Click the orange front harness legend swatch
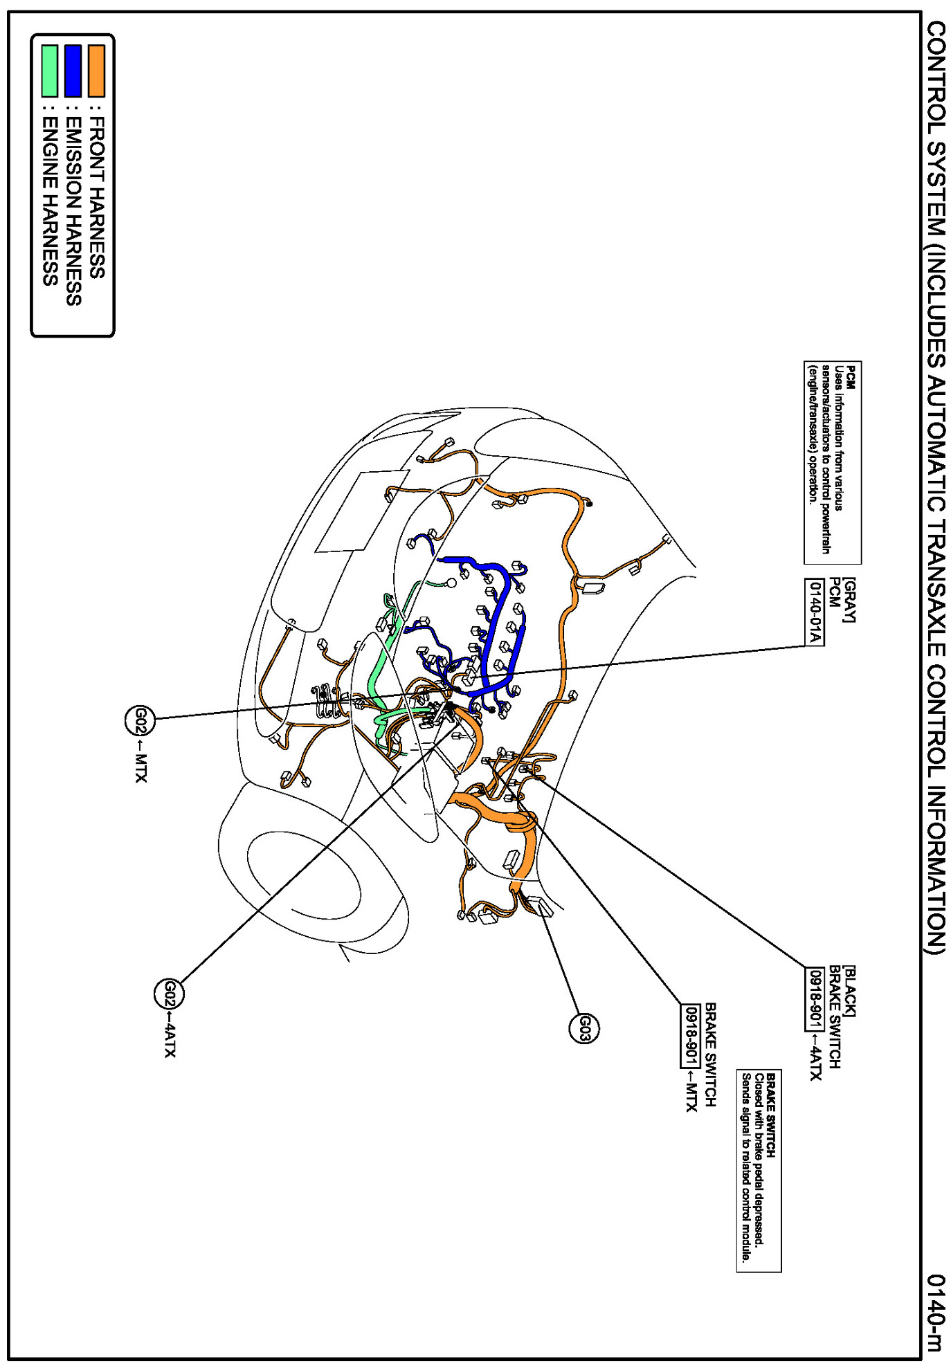[96, 71]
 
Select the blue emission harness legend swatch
[73, 71]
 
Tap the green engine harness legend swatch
[49, 71]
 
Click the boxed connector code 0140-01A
[815, 612]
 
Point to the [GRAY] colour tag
[850, 599]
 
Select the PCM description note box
[832, 462]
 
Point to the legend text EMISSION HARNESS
[73, 210]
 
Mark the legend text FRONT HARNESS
[97, 198]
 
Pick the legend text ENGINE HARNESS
[50, 201]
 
